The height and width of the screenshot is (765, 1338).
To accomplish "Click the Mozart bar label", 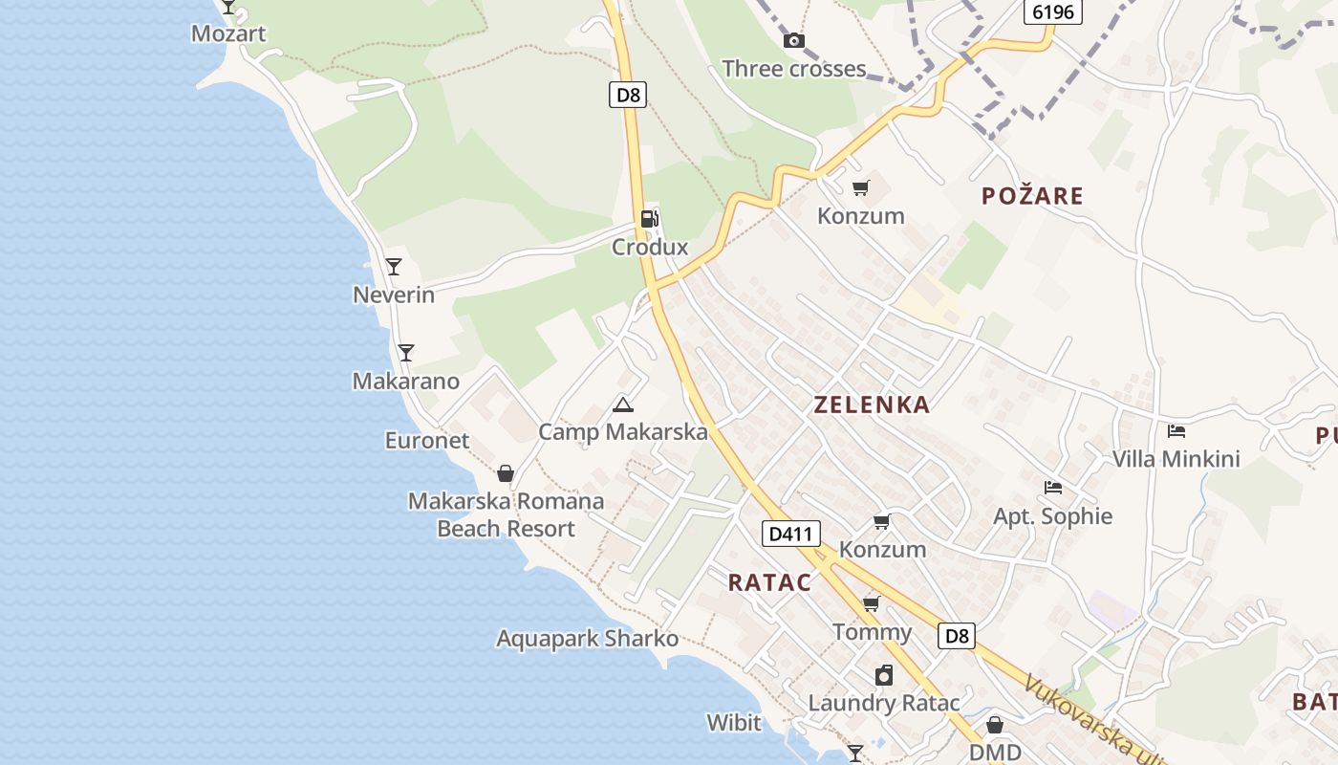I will coord(228,34).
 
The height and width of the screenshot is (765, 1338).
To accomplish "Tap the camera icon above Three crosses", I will coord(793,40).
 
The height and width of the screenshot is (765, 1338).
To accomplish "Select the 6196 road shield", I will coord(1053,12).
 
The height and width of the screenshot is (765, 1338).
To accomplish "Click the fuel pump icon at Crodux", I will coord(650,218).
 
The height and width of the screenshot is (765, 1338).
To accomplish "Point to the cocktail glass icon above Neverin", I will coord(394,267).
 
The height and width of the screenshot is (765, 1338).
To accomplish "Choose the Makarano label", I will coord(406,382).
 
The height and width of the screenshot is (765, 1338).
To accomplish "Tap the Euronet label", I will coord(427,441).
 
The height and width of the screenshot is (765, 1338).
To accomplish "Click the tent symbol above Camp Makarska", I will coord(623,404).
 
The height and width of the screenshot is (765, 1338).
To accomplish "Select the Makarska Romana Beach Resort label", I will coord(506,514).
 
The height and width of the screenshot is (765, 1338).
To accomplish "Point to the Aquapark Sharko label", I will coord(587,639).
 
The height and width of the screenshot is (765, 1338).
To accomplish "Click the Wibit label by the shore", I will coord(734,722).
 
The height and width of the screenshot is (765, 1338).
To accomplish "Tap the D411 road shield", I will coord(791,534).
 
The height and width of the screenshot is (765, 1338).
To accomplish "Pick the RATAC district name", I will coord(769,582).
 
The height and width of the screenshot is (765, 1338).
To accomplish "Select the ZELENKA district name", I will coord(872,404).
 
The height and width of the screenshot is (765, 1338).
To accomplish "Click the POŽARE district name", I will coord(1032,196).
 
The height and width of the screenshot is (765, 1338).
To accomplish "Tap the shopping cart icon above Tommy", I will coord(871,603).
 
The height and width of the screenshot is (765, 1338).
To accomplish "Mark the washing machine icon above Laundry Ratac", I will coord(884,675).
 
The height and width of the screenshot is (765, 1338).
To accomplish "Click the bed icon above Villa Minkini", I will coord(1176,431).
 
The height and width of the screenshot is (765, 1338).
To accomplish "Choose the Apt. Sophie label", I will coord(1053,516).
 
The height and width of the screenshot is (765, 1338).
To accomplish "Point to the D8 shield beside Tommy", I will coord(956,636).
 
